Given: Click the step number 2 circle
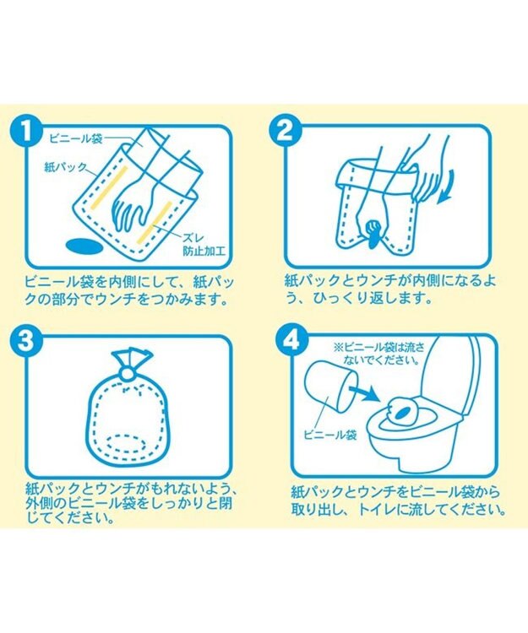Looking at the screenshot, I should [285, 133].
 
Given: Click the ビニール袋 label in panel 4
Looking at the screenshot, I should [330, 436].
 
